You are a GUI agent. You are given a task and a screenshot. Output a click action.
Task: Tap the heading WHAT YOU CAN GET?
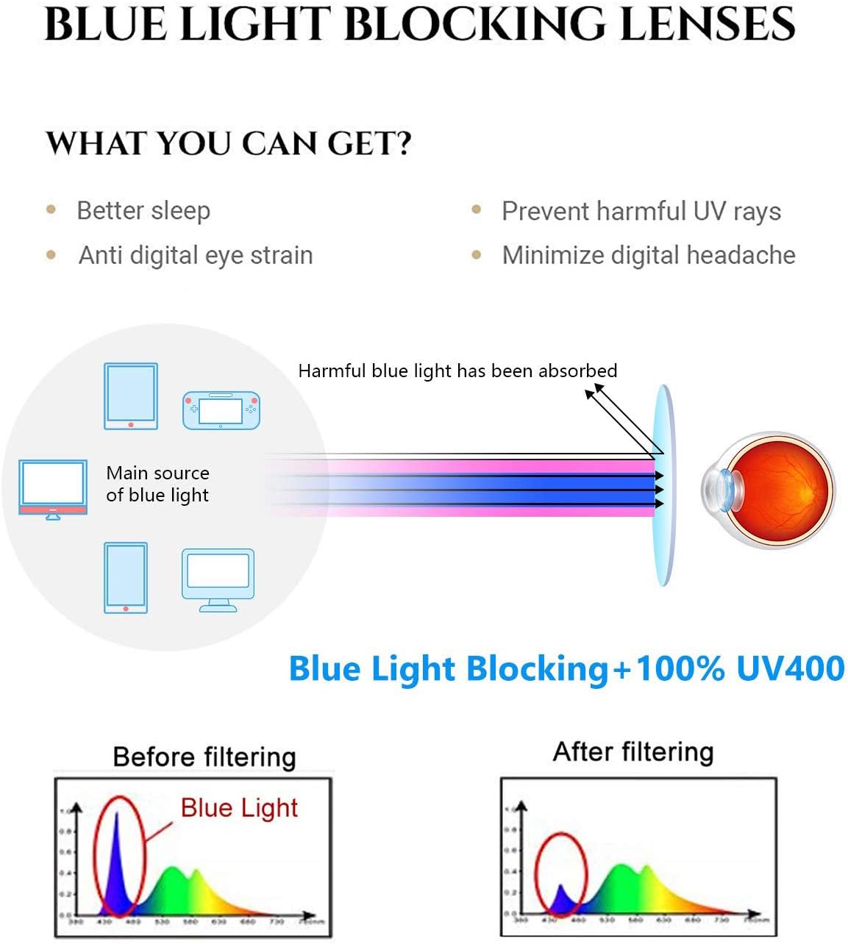point(228,143)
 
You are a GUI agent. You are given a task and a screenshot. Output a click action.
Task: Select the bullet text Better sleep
point(143,211)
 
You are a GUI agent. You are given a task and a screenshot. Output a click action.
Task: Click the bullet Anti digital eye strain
point(196,255)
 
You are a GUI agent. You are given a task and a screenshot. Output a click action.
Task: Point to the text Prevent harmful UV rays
point(641,212)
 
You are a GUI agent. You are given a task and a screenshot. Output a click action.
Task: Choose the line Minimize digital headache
point(648,255)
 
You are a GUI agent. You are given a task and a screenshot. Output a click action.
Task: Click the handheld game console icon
point(221,410)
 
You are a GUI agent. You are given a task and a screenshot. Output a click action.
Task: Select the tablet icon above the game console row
point(131,396)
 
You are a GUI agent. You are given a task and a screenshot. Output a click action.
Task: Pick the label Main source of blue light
point(157,484)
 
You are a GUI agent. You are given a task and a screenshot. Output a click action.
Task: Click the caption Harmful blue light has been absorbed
point(457,371)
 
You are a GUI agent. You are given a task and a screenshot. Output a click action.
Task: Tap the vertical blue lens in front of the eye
point(663,485)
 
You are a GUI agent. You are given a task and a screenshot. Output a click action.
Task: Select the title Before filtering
point(204,757)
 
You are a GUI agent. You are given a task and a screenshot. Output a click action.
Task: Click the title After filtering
point(633,752)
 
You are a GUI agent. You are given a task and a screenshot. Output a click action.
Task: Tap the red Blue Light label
point(239,808)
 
